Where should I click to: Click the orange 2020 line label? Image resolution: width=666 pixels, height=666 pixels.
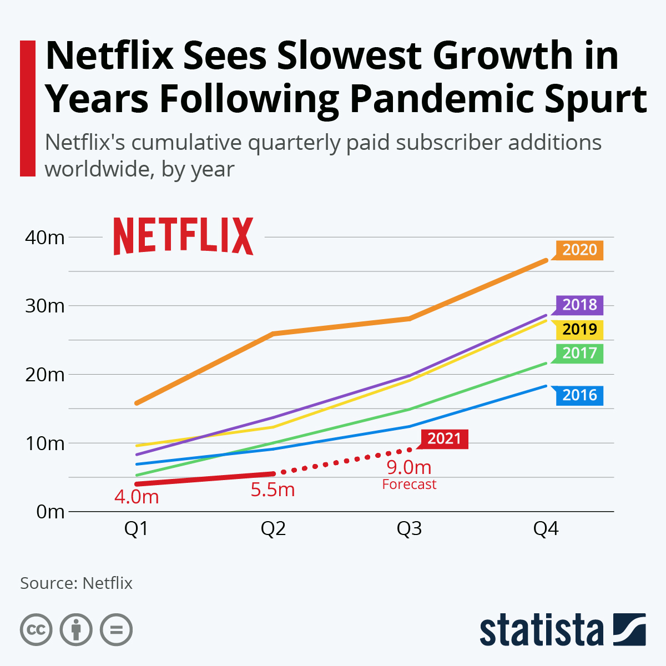click(579, 250)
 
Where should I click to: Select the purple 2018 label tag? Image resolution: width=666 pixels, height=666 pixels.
click(579, 305)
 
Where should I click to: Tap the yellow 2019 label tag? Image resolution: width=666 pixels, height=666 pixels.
click(579, 329)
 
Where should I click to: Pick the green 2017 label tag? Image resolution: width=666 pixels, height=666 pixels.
click(579, 353)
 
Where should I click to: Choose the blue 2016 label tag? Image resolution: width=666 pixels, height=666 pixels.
click(579, 395)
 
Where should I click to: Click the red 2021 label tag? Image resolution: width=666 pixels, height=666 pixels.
click(445, 439)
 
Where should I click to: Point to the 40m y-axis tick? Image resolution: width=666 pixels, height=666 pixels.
click(45, 238)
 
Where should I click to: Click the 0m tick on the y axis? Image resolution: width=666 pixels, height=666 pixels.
click(51, 511)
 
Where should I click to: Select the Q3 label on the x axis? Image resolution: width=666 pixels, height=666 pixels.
click(409, 529)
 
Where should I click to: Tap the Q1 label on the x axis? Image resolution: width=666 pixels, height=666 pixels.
click(136, 529)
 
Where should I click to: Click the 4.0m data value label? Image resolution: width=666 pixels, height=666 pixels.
click(137, 497)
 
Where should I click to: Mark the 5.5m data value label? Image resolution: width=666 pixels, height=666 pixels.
click(273, 490)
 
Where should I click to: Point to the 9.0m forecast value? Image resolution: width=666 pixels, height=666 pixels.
click(409, 467)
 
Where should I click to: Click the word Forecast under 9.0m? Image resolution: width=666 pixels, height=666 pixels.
click(409, 485)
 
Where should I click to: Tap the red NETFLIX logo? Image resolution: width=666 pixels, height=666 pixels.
click(184, 236)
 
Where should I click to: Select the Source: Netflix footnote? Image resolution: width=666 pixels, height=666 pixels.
click(77, 583)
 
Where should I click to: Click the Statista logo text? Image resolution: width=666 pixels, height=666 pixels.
click(541, 630)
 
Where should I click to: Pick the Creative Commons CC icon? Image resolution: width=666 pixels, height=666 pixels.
click(36, 630)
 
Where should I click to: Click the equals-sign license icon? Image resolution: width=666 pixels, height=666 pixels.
click(116, 630)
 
